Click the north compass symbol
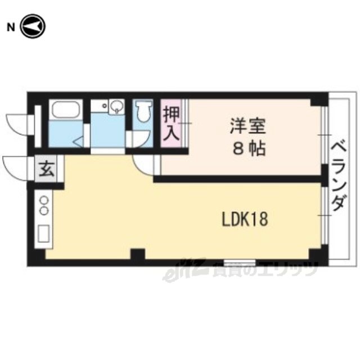[33, 26]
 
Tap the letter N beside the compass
[11, 28]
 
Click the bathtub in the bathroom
[66, 109]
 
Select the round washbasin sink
[117, 106]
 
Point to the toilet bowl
[143, 111]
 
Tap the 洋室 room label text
[248, 126]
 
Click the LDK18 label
[245, 219]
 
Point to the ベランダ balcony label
[339, 176]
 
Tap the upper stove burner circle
[44, 200]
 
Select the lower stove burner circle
[44, 210]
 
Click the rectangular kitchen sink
[44, 233]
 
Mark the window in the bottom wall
[240, 263]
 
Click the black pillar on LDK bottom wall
[138, 254]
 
